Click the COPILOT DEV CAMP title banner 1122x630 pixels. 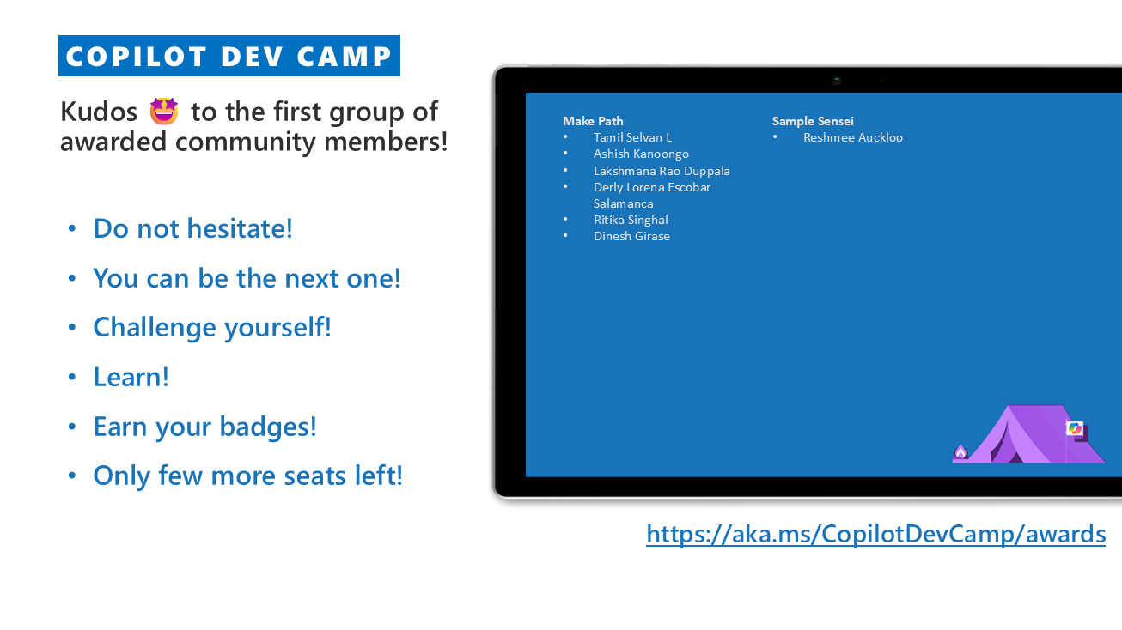coord(229,56)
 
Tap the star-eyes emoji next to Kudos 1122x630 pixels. coord(164,111)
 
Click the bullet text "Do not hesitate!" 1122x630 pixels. coord(192,228)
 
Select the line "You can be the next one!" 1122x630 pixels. coord(247,278)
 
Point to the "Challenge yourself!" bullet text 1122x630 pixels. coord(212,328)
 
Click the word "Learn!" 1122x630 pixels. coord(131,378)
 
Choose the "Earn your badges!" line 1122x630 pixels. coord(204,427)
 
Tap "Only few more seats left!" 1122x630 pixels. coord(248,476)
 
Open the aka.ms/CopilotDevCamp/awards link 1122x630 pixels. coord(875,534)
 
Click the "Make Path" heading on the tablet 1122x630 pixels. coord(593,121)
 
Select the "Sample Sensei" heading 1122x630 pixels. coord(813,121)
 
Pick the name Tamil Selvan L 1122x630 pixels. coord(632,137)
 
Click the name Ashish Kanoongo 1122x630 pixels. coord(641,154)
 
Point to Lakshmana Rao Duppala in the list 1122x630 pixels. coord(662,171)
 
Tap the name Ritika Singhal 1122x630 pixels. coord(631,221)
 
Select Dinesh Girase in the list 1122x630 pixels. coord(631,236)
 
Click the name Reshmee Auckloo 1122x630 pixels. coord(853,137)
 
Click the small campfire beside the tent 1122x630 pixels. coord(960,452)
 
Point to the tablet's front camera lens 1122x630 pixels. coord(837,80)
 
